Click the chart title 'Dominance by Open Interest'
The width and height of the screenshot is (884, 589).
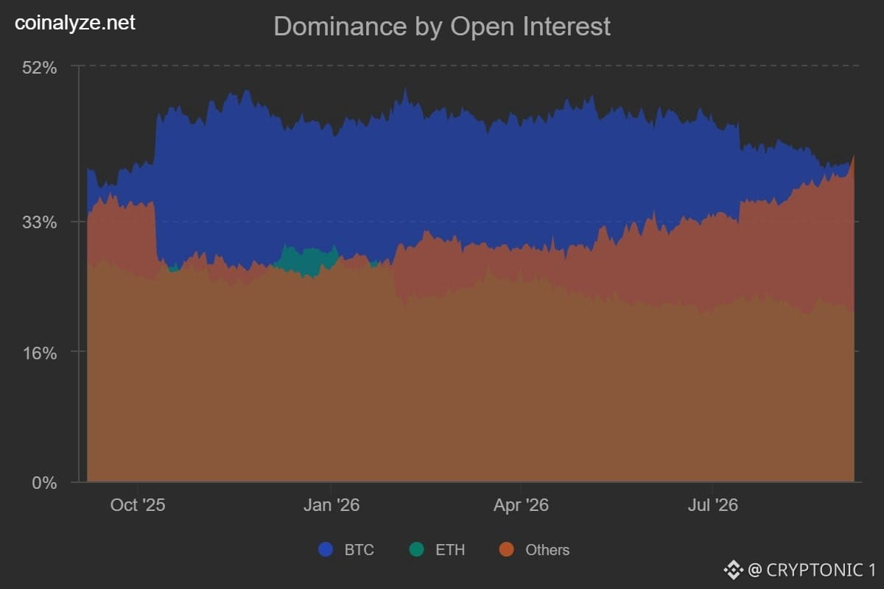(x=442, y=27)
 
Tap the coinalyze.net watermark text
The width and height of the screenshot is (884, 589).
(x=75, y=23)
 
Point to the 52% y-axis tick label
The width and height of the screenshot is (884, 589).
(x=40, y=68)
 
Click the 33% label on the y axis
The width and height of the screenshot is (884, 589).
(x=40, y=222)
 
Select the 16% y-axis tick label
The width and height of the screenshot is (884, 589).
(x=40, y=353)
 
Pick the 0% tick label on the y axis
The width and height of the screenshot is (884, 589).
(x=44, y=483)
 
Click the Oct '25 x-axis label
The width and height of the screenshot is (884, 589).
(x=138, y=505)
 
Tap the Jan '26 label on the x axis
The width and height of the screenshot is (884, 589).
(x=331, y=505)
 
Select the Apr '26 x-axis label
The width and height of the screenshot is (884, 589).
(x=521, y=505)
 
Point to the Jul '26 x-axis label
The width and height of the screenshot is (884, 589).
(x=713, y=505)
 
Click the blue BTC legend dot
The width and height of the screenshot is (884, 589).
(x=326, y=549)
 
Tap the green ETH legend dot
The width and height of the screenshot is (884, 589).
(x=417, y=549)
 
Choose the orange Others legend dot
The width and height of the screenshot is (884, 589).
(x=507, y=549)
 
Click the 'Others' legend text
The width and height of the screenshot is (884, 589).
(x=547, y=550)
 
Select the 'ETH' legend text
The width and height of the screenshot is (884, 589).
(x=450, y=550)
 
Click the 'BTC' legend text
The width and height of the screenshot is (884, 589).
(x=359, y=550)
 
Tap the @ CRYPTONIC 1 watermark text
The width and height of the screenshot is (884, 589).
(x=812, y=570)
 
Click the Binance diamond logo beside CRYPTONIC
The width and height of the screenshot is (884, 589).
(x=734, y=570)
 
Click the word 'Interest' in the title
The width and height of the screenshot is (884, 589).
(x=566, y=27)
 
